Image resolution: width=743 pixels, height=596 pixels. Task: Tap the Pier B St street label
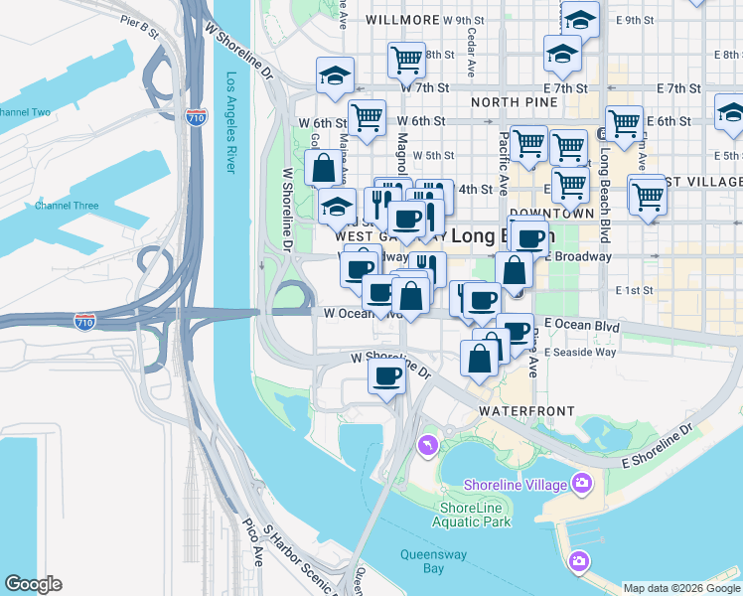(x=139, y=27)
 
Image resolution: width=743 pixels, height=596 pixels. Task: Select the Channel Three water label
(x=67, y=206)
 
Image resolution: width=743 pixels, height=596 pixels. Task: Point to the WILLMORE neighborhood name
(x=402, y=20)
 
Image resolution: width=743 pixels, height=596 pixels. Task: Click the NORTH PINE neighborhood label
(x=510, y=102)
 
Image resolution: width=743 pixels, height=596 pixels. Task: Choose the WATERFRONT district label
(x=526, y=410)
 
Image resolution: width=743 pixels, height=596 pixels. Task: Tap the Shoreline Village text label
(x=516, y=485)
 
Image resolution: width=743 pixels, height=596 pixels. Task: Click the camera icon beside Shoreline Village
(x=581, y=485)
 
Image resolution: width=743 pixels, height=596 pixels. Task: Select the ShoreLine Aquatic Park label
(x=474, y=515)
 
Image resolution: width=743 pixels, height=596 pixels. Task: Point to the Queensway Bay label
(x=434, y=561)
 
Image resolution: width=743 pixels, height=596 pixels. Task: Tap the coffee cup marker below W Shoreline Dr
(x=386, y=376)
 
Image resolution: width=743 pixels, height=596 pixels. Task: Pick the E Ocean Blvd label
(x=581, y=325)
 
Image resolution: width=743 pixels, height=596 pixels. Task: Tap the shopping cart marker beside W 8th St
(x=405, y=60)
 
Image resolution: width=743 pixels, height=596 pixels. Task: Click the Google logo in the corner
(x=33, y=584)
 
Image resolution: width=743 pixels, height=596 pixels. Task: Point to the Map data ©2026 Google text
(x=681, y=588)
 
